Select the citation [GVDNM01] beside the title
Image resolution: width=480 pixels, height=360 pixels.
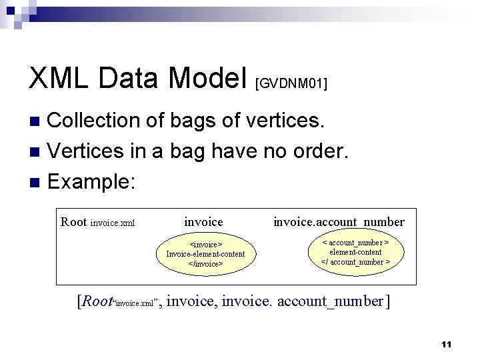point(291,83)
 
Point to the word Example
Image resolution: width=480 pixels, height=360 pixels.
point(89,181)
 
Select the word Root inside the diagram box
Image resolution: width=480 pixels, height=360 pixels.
point(73,222)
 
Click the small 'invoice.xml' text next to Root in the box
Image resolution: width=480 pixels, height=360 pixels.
point(113,223)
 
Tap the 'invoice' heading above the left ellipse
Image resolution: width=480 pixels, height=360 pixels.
point(203,221)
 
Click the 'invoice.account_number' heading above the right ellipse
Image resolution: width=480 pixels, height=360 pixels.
point(339,221)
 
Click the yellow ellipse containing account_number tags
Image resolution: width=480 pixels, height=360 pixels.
point(355,252)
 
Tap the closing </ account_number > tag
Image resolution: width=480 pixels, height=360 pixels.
point(355,262)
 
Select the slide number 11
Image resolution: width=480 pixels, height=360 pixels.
point(446,344)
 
